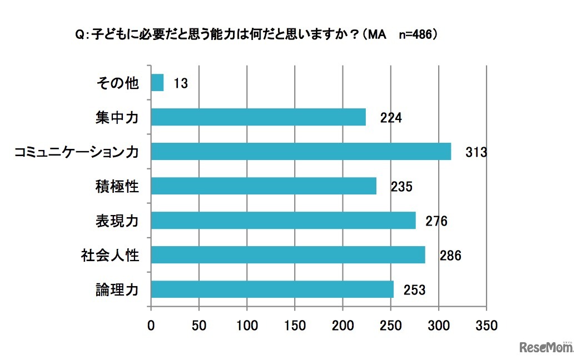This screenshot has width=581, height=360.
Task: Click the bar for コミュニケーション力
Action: pos(301,152)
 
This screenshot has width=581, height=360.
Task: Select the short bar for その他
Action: pos(157,83)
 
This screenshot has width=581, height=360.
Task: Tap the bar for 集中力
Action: pos(259,117)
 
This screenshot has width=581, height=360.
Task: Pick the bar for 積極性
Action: pos(264,186)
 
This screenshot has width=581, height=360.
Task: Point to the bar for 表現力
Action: pos(283,221)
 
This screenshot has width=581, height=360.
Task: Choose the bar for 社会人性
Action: pos(288,255)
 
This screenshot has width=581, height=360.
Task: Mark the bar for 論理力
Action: pos(272,289)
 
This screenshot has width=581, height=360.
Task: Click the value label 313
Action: pos(476,152)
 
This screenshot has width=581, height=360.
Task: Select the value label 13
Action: pos(180,84)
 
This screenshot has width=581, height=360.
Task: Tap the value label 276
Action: pos(436,221)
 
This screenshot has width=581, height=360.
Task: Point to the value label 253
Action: pos(415,290)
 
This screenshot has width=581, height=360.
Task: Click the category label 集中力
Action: pos(116,118)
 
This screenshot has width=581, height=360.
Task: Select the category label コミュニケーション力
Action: pos(76,152)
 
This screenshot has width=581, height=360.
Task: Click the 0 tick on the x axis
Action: pos(151,325)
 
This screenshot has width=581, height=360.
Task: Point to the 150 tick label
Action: pos(295,325)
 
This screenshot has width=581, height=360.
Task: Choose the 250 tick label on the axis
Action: pos(391,325)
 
